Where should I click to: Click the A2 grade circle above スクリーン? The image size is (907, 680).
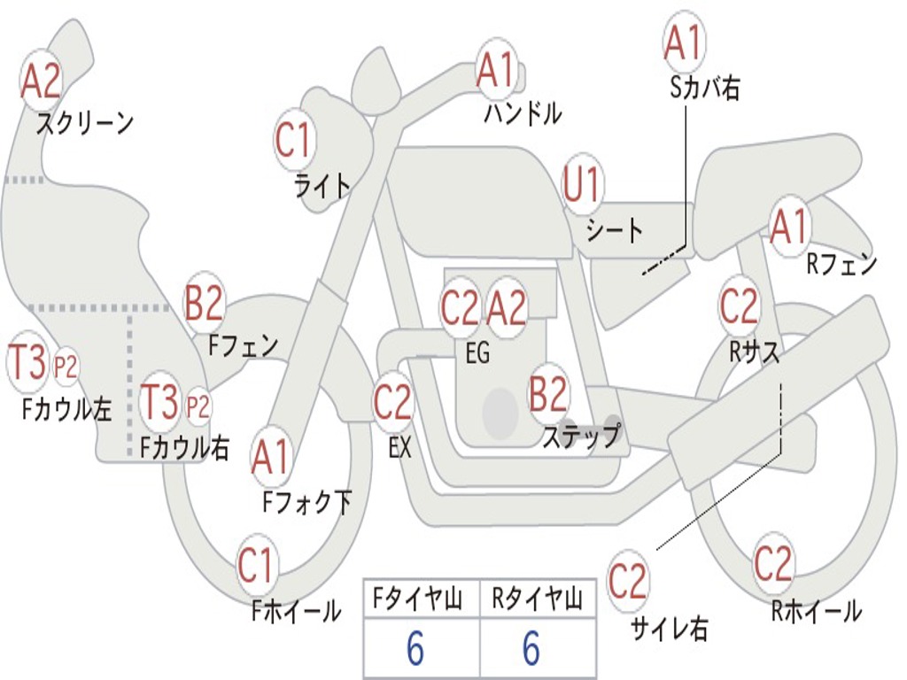pyautogui.click(x=40, y=81)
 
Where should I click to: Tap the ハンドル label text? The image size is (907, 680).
pyautogui.click(x=523, y=112)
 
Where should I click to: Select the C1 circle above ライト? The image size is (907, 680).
pyautogui.click(x=294, y=139)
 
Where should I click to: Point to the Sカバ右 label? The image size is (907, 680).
pyautogui.click(x=704, y=88)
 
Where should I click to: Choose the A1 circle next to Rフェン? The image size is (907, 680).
pyautogui.click(x=789, y=226)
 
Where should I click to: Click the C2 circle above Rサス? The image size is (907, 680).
pyautogui.click(x=739, y=305)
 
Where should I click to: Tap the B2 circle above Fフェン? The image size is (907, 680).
pyautogui.click(x=204, y=303)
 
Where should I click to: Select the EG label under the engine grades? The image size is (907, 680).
pyautogui.click(x=477, y=352)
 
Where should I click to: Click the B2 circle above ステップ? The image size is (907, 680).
pyautogui.click(x=547, y=393)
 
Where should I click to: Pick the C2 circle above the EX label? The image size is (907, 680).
pyautogui.click(x=392, y=402)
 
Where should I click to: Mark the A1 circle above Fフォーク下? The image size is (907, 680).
pyautogui.click(x=270, y=458)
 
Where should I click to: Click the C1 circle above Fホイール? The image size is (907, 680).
pyautogui.click(x=255, y=565)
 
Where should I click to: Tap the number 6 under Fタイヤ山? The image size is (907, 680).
pyautogui.click(x=415, y=648)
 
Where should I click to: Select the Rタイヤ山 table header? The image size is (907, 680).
pyautogui.click(x=538, y=599)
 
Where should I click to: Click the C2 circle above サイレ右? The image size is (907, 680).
pyautogui.click(x=627, y=581)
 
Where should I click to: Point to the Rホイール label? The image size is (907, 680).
pyautogui.click(x=816, y=611)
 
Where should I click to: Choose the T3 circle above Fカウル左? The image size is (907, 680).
pyautogui.click(x=27, y=361)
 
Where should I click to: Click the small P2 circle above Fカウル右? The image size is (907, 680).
pyautogui.click(x=198, y=406)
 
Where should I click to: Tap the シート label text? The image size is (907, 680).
pyautogui.click(x=615, y=230)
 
